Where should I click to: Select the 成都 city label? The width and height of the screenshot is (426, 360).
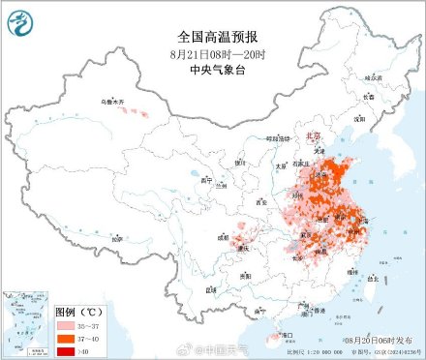(224, 235)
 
